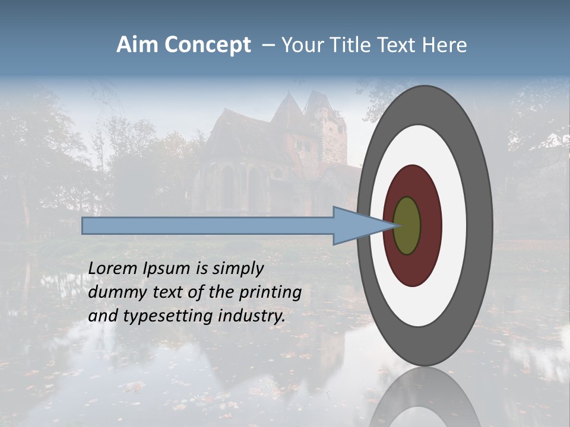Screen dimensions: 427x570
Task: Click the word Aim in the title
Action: (x=138, y=45)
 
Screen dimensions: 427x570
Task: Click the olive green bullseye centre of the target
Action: (x=407, y=225)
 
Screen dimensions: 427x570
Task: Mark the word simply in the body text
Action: (x=237, y=269)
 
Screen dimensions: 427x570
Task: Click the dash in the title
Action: (x=268, y=45)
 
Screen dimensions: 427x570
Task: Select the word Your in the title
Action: (x=300, y=45)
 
